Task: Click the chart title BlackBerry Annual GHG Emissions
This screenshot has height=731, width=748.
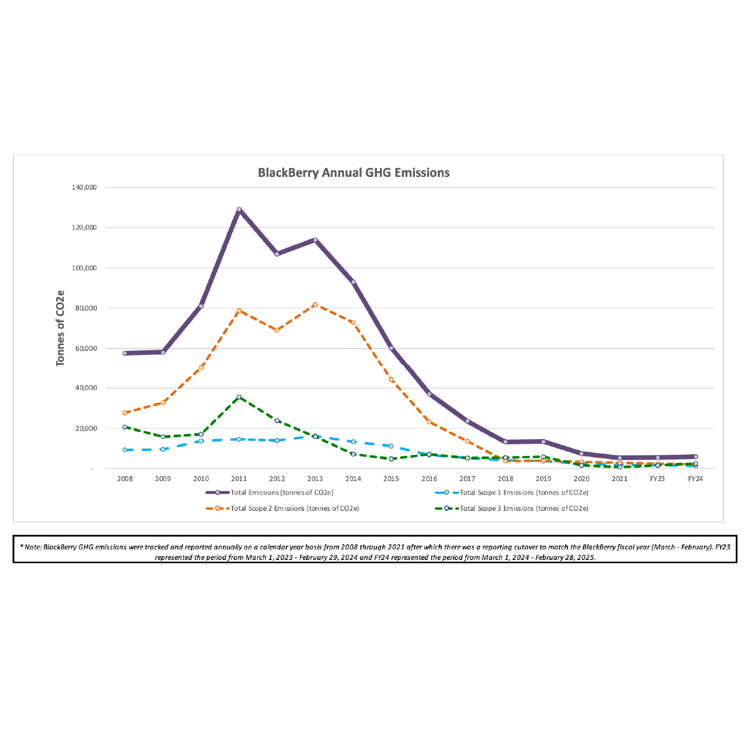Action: pos(354,173)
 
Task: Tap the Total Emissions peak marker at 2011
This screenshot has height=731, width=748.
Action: pos(239,209)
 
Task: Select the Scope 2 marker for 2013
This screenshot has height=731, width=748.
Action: pos(315,305)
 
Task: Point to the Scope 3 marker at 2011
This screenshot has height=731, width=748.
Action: pos(239,397)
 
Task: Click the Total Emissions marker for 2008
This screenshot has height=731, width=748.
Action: pos(124,353)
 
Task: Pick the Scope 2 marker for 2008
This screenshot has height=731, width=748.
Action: pos(124,413)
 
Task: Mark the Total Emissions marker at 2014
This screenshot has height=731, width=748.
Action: pos(353,282)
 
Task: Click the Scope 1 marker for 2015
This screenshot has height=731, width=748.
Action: pos(391,446)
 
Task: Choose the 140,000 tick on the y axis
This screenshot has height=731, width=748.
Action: pos(84,187)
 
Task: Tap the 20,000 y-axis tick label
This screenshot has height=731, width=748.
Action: pos(86,429)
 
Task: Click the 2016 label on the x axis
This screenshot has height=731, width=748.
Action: pos(429,479)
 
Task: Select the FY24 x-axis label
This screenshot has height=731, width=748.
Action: pos(695,479)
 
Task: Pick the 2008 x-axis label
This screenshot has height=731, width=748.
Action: pos(124,479)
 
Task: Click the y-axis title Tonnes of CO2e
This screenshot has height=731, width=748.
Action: pos(60,328)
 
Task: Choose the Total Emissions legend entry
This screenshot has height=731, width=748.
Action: pos(282,493)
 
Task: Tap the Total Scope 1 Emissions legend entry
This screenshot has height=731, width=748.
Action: pos(524,493)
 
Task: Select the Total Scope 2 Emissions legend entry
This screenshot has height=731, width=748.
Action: pos(295,509)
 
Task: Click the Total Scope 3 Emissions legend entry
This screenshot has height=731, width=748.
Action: pos(524,509)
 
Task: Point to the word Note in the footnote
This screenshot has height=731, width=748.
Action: pos(32,547)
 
